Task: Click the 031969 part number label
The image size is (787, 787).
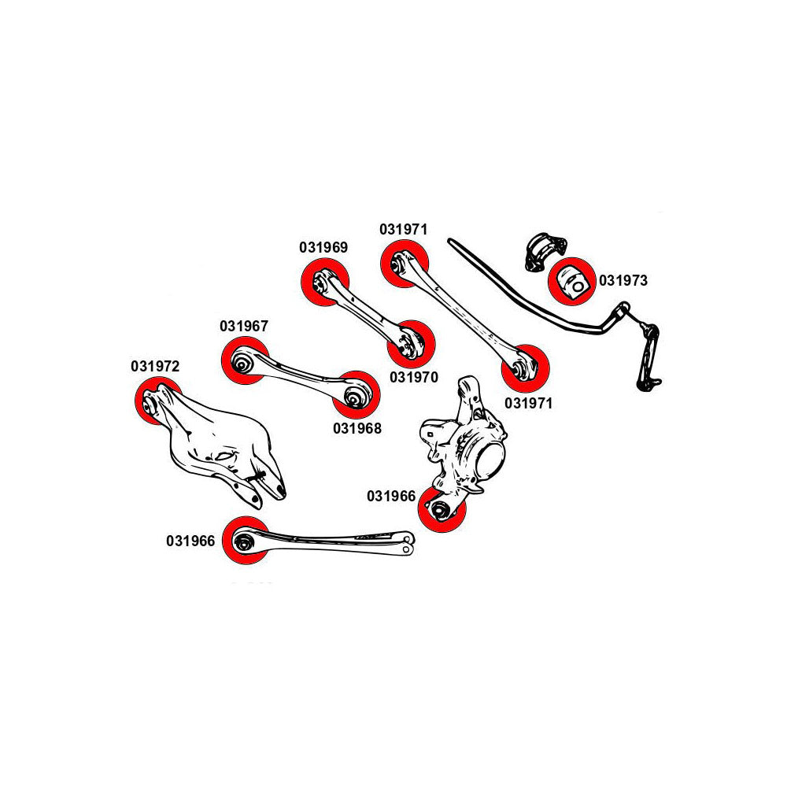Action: (323, 246)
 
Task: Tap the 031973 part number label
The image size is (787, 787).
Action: (623, 279)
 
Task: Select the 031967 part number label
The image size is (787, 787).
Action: (244, 325)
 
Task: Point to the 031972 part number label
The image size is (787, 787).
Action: (156, 366)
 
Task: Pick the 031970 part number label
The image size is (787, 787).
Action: (413, 377)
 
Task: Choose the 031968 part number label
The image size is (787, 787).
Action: (357, 429)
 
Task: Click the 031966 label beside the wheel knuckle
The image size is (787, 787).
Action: (390, 497)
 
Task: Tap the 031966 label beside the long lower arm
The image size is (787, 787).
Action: (190, 541)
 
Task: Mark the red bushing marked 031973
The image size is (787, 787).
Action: (572, 280)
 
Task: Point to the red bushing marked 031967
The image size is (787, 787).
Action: (245, 361)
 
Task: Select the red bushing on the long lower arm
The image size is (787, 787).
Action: (245, 541)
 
